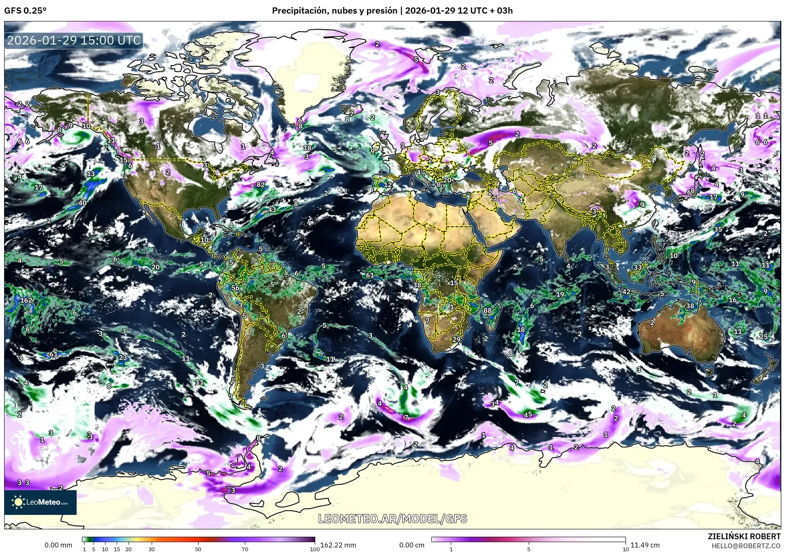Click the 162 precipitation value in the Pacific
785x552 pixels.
(x=26, y=300)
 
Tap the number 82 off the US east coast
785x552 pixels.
(x=260, y=184)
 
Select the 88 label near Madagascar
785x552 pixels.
(x=487, y=310)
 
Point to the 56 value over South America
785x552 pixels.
(x=235, y=288)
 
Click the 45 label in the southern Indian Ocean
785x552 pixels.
(x=528, y=414)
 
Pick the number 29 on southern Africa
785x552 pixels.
(x=456, y=339)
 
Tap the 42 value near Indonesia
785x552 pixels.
(x=626, y=291)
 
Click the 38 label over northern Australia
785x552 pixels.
(x=690, y=306)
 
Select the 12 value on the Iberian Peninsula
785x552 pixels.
(x=387, y=185)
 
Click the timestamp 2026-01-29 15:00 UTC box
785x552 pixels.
(x=74, y=40)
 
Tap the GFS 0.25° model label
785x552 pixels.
(x=25, y=11)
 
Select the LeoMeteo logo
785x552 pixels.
(x=40, y=502)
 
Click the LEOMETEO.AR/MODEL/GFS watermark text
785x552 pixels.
(x=393, y=519)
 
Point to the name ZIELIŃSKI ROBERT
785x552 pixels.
(x=744, y=536)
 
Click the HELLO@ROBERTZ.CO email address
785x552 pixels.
(x=746, y=545)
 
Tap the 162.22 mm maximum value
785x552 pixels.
(x=338, y=545)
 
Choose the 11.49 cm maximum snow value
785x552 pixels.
(x=645, y=545)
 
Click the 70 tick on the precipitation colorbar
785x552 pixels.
(x=245, y=549)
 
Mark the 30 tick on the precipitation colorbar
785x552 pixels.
(x=152, y=549)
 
